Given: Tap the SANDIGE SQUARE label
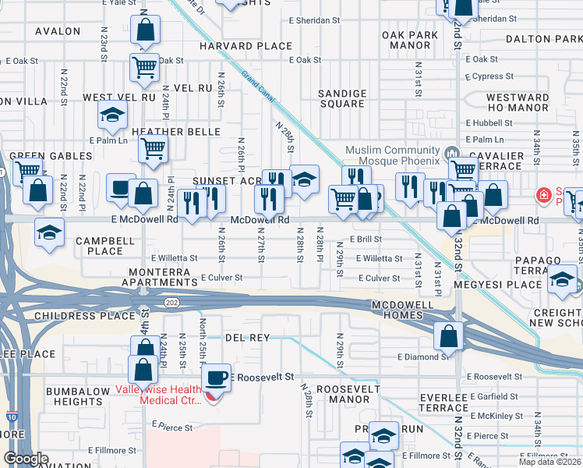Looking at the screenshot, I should [342, 98].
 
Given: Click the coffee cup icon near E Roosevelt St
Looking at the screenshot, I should [216, 378].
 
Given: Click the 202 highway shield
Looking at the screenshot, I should [170, 300].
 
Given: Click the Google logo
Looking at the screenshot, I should [26, 459].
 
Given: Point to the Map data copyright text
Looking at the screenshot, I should [550, 462].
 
